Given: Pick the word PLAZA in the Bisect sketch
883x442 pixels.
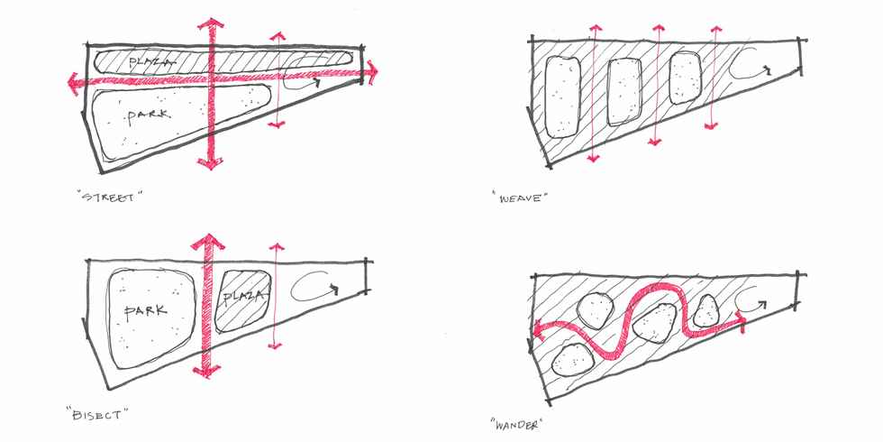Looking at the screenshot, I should [242, 297].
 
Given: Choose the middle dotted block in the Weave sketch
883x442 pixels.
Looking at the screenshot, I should [624, 92].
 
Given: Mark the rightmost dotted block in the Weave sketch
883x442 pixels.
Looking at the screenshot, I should [686, 78].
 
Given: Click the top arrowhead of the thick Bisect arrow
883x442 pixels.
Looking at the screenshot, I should [207, 241].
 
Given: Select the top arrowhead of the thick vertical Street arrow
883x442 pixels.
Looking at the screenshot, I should [211, 24].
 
